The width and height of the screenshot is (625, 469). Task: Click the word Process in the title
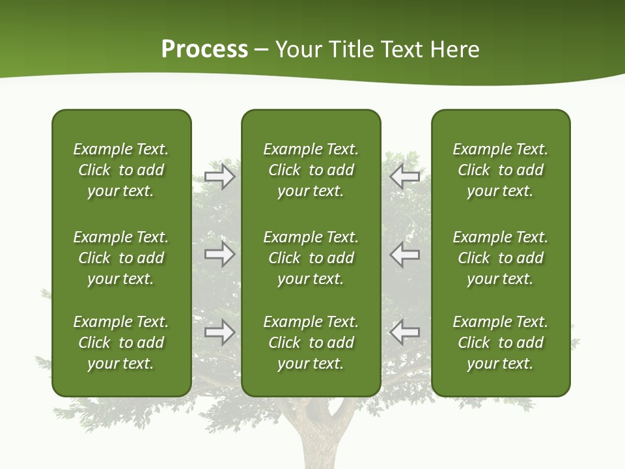(204, 50)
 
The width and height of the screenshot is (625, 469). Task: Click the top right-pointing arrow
(219, 177)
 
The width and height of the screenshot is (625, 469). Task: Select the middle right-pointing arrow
(219, 254)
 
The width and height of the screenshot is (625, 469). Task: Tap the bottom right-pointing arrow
(219, 332)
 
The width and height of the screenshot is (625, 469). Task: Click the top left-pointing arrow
(405, 177)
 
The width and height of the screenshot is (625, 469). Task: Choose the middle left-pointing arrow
(405, 254)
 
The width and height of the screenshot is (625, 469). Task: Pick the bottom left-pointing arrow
(405, 332)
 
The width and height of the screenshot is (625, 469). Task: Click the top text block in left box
(121, 170)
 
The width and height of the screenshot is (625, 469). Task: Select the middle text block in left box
(121, 258)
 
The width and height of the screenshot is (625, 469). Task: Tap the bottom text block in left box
(121, 343)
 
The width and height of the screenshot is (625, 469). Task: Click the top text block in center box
(311, 170)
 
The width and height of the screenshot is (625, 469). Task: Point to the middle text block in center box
(311, 258)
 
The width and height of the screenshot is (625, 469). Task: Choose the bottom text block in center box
(311, 343)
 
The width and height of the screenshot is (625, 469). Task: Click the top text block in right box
(501, 170)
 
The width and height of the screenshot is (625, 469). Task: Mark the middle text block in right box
(501, 258)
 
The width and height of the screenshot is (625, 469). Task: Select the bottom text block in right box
(501, 343)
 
